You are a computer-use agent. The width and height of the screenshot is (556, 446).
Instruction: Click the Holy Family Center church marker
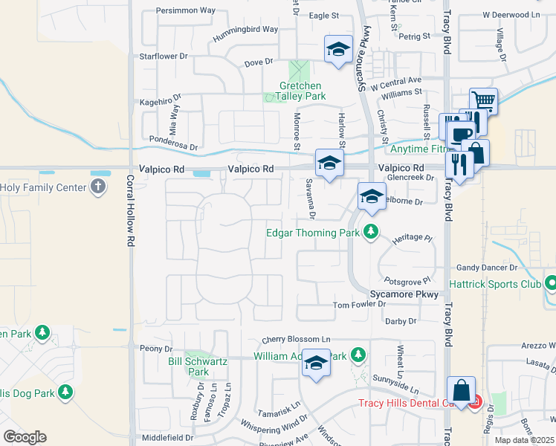click(x=98, y=187)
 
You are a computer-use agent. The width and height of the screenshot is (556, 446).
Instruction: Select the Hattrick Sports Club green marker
click(x=551, y=283)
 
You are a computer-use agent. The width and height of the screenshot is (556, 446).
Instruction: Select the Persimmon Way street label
click(x=185, y=11)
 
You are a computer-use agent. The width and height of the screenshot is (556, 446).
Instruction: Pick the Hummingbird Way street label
click(x=246, y=29)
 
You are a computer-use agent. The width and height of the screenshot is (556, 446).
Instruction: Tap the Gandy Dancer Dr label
click(x=487, y=267)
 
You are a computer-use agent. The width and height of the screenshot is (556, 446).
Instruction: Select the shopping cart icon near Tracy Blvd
click(x=483, y=100)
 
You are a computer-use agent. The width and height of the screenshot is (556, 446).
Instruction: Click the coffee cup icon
click(x=462, y=135)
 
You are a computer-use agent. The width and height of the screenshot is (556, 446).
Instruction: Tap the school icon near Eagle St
click(x=337, y=50)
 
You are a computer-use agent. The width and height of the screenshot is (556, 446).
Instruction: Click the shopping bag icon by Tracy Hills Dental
click(x=461, y=390)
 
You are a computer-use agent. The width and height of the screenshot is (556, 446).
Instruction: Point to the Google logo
click(x=25, y=437)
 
